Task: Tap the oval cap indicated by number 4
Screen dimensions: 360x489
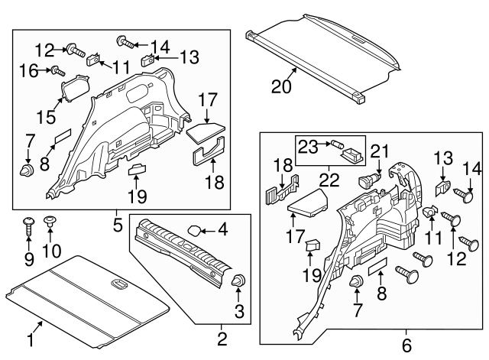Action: pyautogui.click(x=195, y=229)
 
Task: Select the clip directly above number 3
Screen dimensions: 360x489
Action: pyautogui.click(x=238, y=282)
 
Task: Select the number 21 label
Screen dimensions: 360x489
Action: pyautogui.click(x=380, y=153)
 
